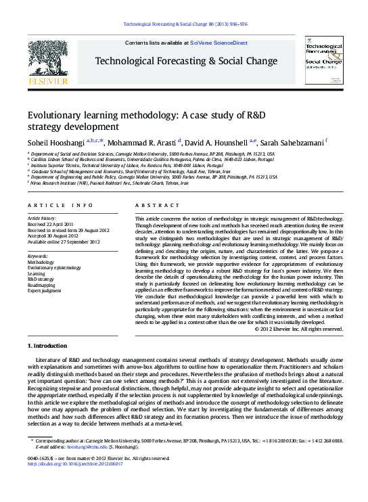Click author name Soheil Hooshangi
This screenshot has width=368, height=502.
click(55, 142)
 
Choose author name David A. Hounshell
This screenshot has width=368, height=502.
click(217, 142)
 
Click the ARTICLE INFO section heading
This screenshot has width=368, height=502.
click(60, 204)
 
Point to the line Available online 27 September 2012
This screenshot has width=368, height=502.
click(60, 242)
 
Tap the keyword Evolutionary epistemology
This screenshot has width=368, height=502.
click(54, 267)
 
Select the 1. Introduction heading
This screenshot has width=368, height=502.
click(48, 346)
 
